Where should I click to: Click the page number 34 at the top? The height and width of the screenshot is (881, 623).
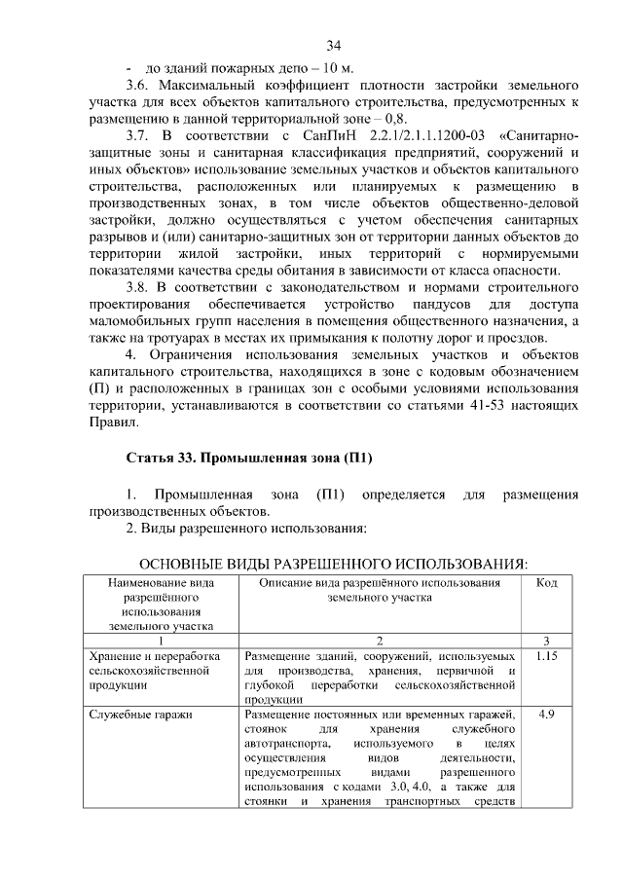click(333, 46)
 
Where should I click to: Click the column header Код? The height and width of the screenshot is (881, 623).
click(546, 582)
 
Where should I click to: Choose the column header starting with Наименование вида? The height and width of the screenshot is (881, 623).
click(161, 605)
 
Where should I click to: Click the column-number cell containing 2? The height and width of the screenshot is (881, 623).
click(380, 641)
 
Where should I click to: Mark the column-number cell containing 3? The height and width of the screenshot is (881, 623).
click(546, 641)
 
